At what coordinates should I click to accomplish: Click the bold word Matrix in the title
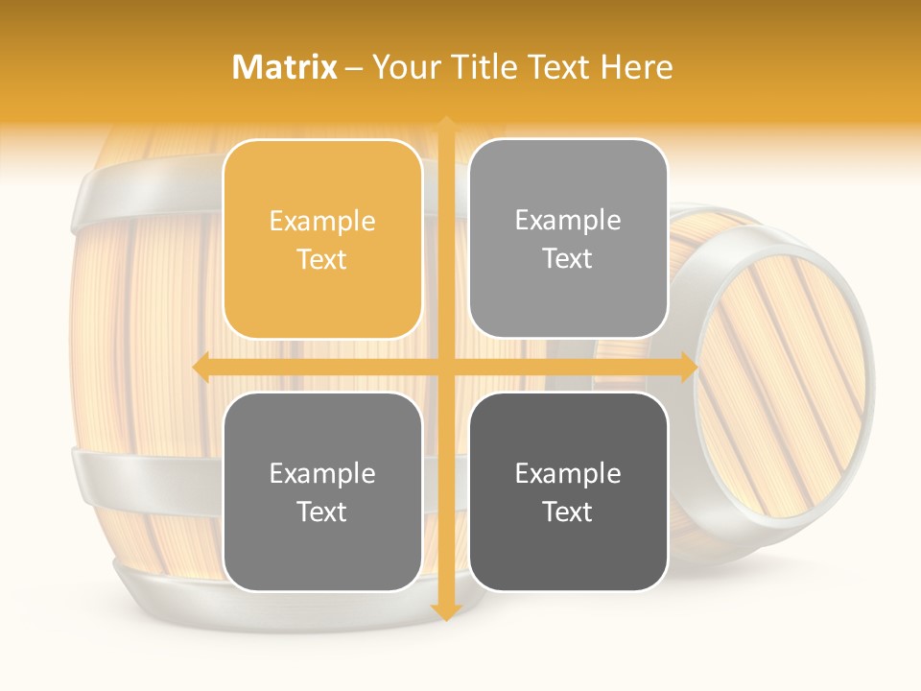pyautogui.click(x=285, y=67)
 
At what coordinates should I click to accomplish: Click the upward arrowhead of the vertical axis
pyautogui.click(x=446, y=125)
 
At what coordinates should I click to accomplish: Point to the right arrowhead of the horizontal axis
pyautogui.click(x=689, y=367)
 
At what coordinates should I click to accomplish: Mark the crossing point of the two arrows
pyautogui.click(x=446, y=367)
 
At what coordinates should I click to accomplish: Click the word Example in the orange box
pyautogui.click(x=322, y=222)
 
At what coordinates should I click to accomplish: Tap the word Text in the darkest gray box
pyautogui.click(x=568, y=512)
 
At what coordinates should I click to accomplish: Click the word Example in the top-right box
pyautogui.click(x=568, y=221)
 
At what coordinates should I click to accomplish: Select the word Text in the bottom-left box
pyautogui.click(x=322, y=512)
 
